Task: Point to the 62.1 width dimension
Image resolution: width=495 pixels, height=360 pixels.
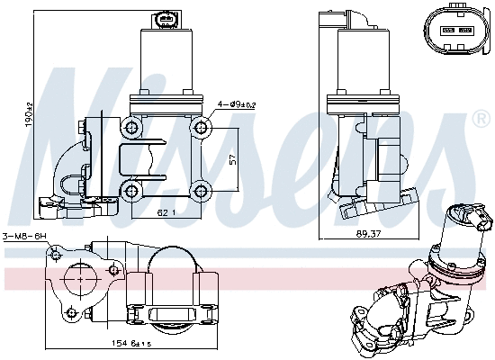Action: [x=165, y=213]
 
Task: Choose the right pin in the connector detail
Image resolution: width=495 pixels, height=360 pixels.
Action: [x=466, y=29]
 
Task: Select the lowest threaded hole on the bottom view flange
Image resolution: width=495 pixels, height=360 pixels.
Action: [x=70, y=313]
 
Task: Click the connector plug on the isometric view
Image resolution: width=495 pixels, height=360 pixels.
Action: [x=470, y=214]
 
